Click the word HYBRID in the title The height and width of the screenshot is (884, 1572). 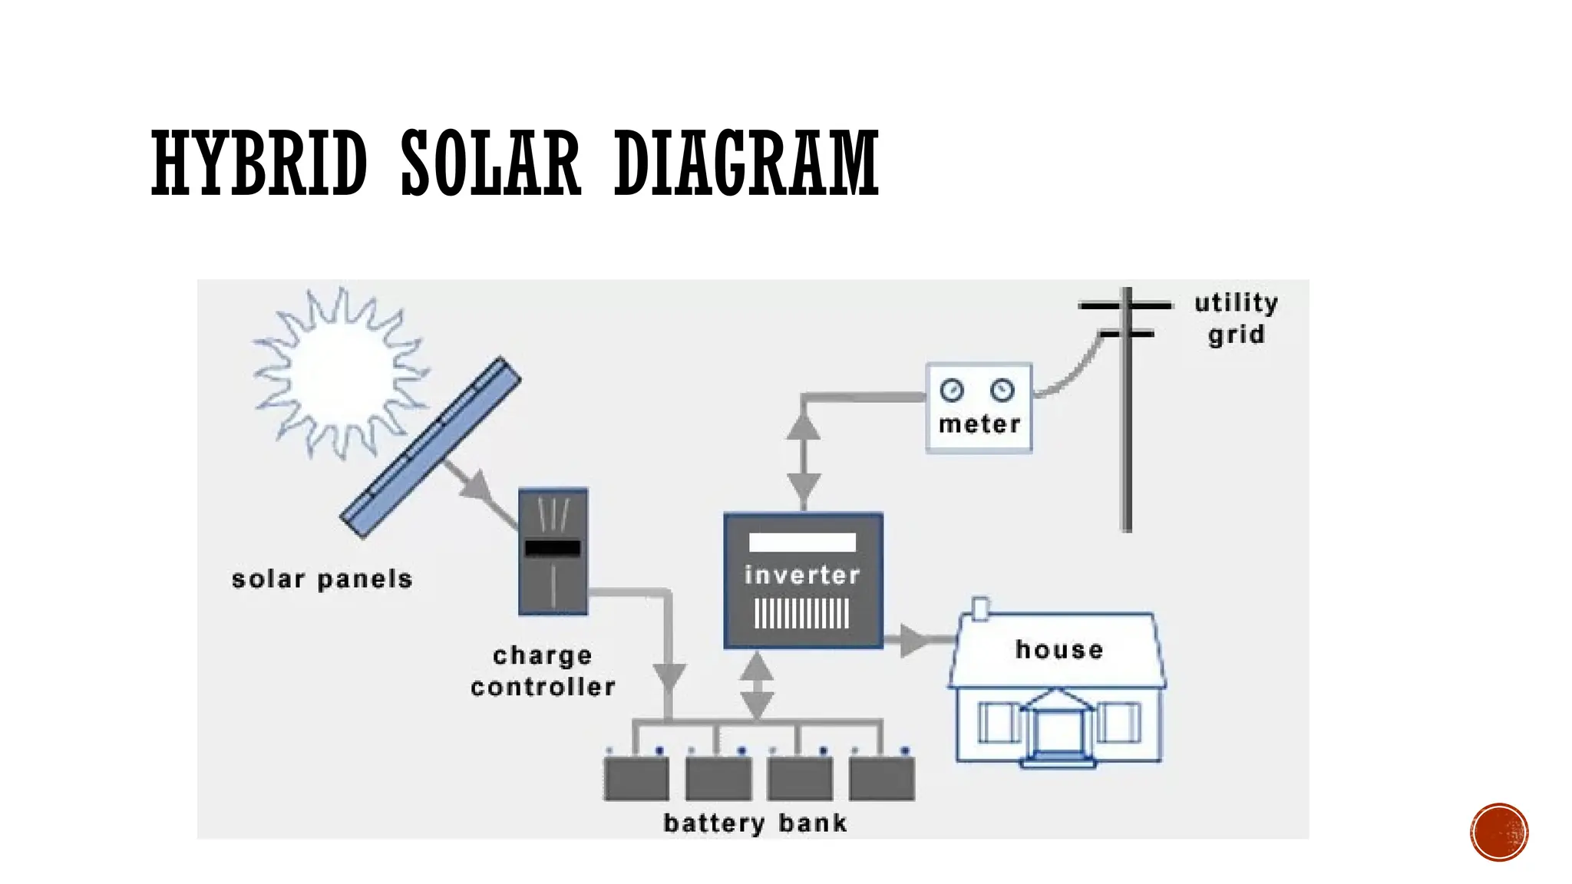click(x=259, y=163)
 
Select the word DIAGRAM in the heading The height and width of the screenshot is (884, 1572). click(x=746, y=163)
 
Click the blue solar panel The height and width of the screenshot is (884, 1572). click(x=431, y=447)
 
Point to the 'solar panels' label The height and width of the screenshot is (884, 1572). click(x=322, y=579)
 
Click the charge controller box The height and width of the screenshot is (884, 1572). click(x=553, y=551)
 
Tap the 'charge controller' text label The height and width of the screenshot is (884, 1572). click(x=543, y=671)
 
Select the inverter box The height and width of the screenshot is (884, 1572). click(x=803, y=581)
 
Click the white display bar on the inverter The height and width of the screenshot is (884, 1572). click(x=802, y=543)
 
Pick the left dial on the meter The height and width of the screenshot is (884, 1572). click(x=952, y=390)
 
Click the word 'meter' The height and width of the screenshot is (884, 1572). click(x=979, y=424)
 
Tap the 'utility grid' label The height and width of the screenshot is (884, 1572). click(x=1236, y=318)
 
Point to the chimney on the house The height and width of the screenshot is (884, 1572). click(x=980, y=609)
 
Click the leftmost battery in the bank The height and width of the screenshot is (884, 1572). click(x=636, y=778)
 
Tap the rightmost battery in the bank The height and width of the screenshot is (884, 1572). click(x=882, y=778)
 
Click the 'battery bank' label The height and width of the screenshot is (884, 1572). click(x=755, y=823)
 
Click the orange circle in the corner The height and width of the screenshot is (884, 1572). click(x=1499, y=832)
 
